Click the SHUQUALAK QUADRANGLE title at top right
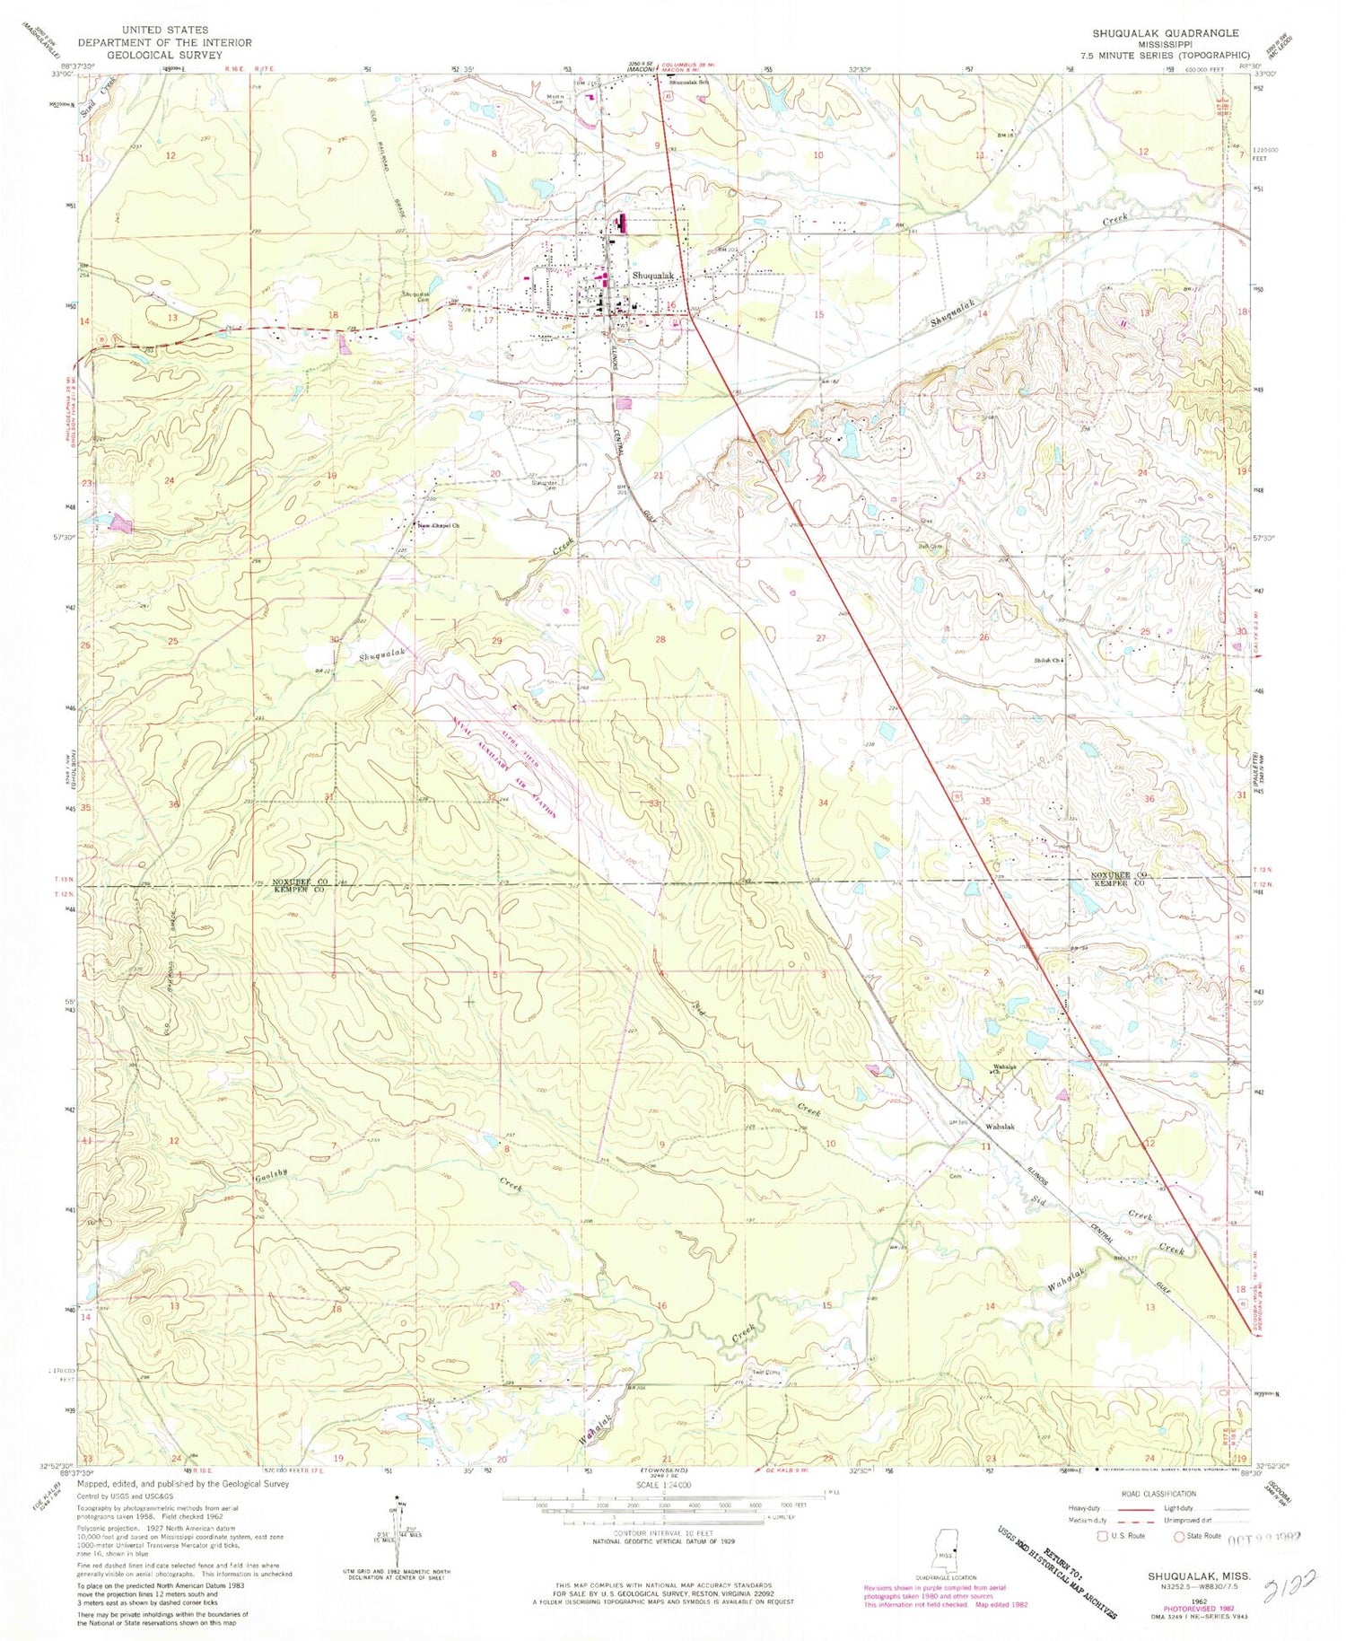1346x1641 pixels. (1165, 33)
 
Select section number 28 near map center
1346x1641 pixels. (660, 639)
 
